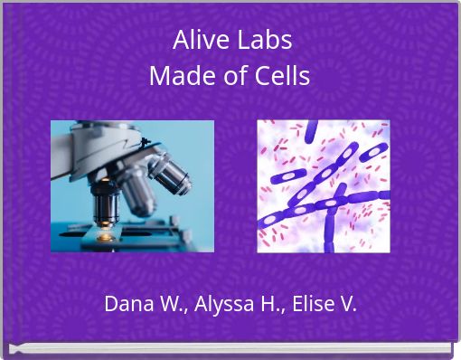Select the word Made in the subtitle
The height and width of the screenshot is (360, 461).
[x=175, y=77]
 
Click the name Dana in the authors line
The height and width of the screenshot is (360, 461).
[x=126, y=304]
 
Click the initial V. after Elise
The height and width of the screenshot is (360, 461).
[x=345, y=304]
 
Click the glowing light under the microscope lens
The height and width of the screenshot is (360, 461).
[x=106, y=236]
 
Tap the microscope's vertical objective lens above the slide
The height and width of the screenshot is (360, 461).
[x=106, y=201]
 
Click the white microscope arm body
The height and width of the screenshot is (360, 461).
[x=99, y=145]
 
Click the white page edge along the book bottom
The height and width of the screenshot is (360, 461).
[x=230, y=348]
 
